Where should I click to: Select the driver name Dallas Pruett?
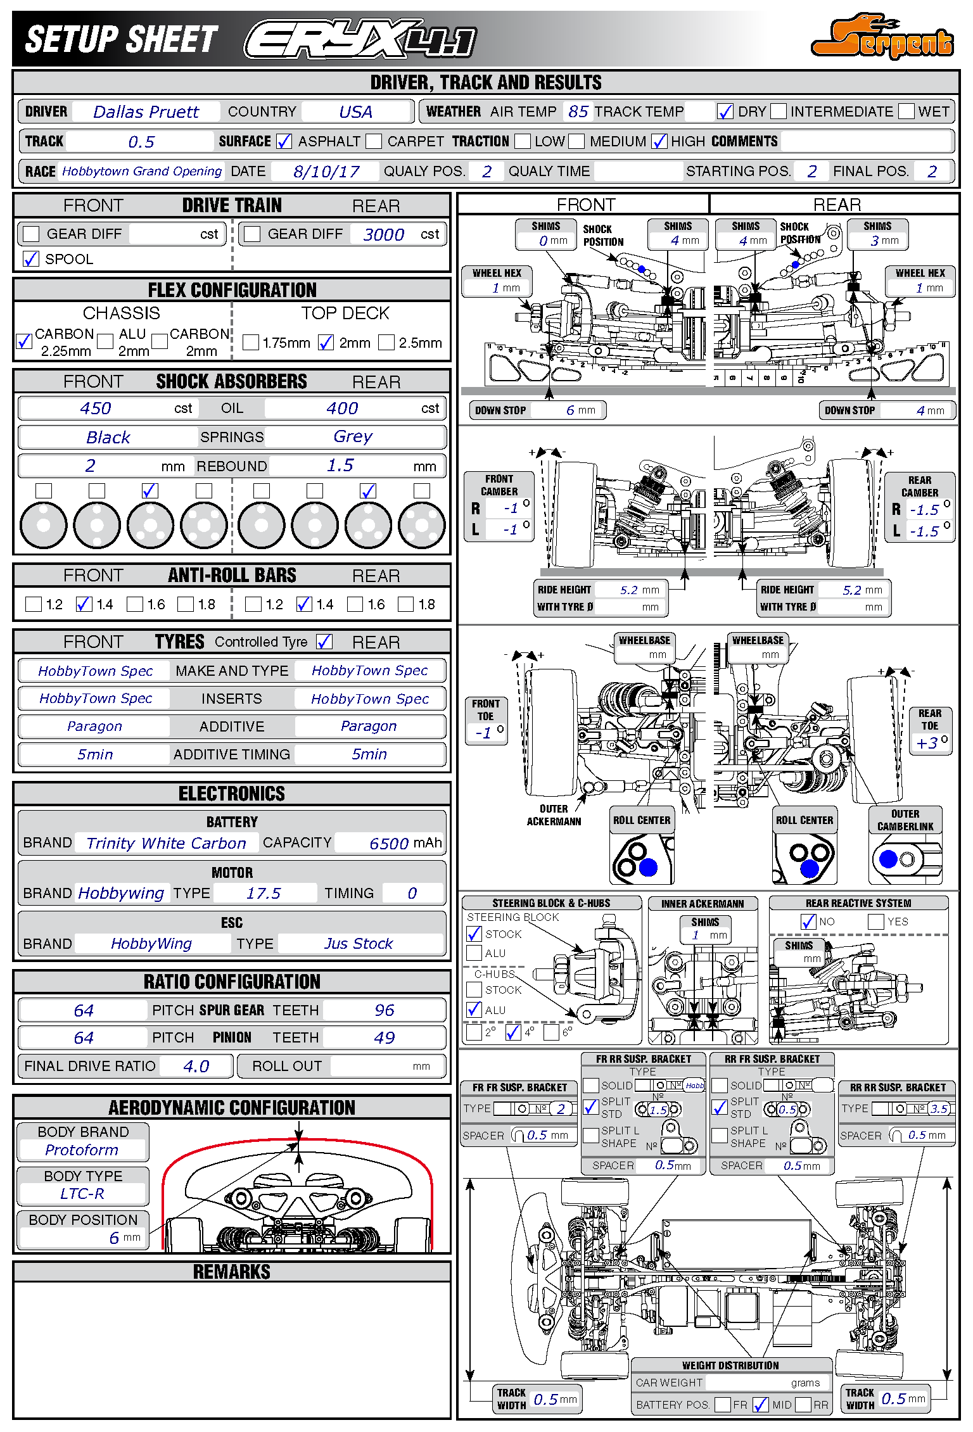click(146, 112)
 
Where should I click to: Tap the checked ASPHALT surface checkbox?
click(284, 141)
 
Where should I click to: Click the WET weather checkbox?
click(906, 111)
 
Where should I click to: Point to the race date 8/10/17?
click(326, 172)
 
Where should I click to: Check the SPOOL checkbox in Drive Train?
click(31, 258)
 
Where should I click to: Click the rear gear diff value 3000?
click(383, 234)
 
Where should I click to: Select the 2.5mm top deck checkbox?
click(386, 343)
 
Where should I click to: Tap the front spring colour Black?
click(108, 437)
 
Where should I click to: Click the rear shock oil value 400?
click(342, 409)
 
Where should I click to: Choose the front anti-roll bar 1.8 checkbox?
click(186, 604)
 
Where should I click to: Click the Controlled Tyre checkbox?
click(324, 642)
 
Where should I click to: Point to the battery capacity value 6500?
click(388, 844)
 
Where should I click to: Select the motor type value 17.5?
click(263, 894)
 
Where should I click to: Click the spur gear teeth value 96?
click(384, 1010)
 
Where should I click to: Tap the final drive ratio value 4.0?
click(196, 1067)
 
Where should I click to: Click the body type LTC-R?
click(82, 1194)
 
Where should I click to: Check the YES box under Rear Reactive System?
click(876, 922)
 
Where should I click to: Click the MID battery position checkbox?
click(761, 1405)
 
